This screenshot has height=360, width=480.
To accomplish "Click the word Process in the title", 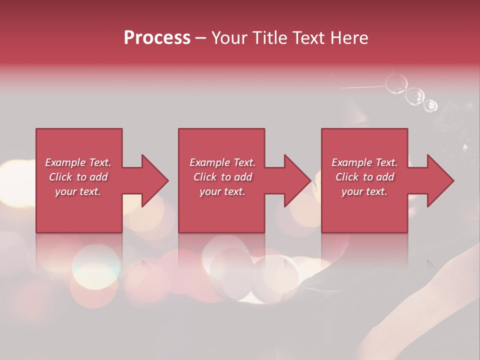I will coord(157,38).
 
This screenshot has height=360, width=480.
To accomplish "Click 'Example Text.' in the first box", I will coord(78,162).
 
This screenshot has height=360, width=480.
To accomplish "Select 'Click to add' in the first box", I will coord(78,177).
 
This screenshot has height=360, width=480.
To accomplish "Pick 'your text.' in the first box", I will coord(78,191).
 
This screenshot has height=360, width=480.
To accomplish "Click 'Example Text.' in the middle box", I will coord(222,162).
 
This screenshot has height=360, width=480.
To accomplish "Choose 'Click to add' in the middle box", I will coord(222,177).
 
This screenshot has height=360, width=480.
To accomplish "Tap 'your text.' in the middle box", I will coord(222,191).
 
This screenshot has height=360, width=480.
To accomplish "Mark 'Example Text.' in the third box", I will coord(364,162).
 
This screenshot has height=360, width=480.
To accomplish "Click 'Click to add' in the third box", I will coord(364,177).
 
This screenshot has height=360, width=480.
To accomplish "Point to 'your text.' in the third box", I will coord(364,191).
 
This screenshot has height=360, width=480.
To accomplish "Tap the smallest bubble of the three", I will coord(430,105).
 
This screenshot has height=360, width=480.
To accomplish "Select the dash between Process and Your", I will coord(201,38).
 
